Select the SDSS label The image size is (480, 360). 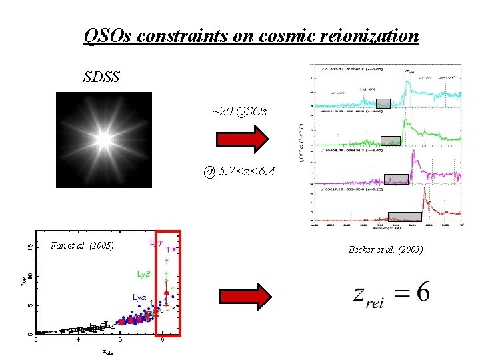pos(101,77)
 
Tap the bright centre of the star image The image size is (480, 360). pos(104,139)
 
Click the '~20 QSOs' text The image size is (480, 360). pos(239,111)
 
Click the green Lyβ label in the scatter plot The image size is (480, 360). pos(143,273)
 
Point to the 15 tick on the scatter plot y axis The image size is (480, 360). pos(28,246)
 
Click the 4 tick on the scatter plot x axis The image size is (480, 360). pos(78,340)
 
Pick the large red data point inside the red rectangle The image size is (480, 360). pos(167,293)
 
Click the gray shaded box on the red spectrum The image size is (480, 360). pos(405,216)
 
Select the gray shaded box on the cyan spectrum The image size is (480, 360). pos(383,103)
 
